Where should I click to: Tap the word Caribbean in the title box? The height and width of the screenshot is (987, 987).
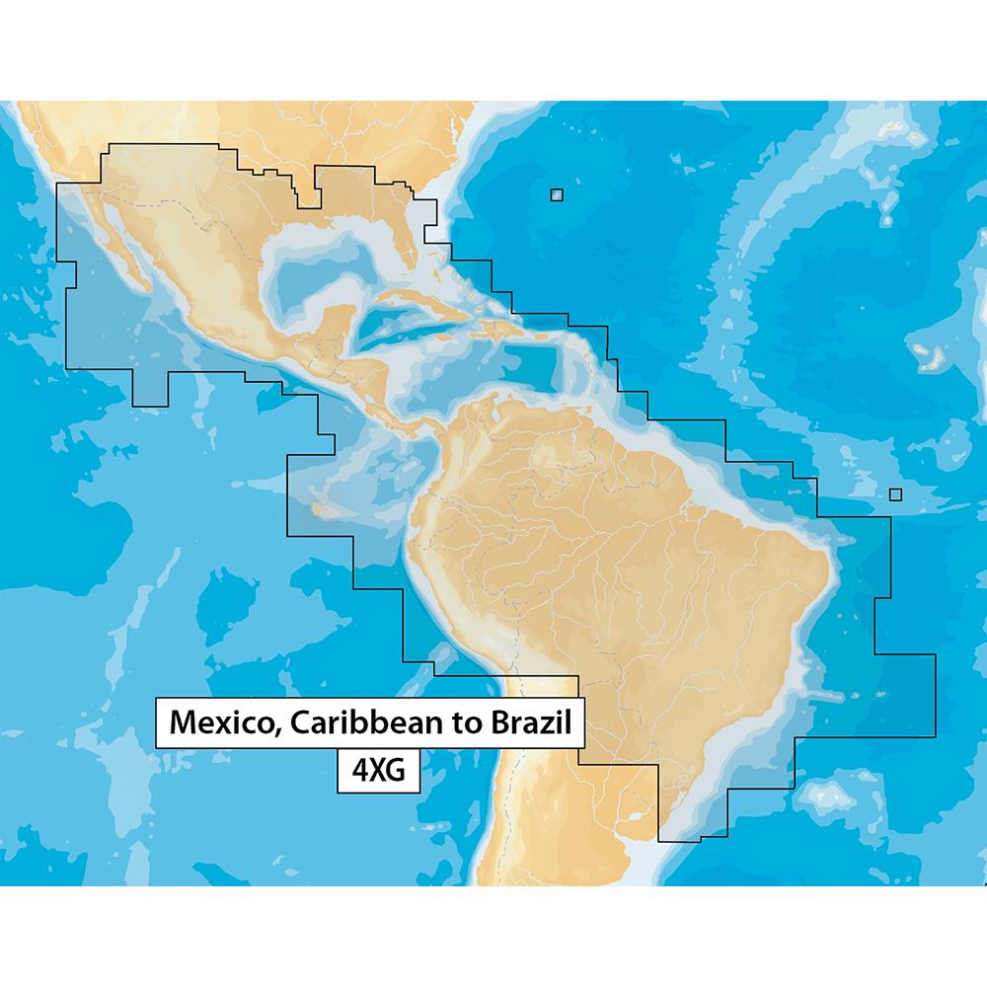368,721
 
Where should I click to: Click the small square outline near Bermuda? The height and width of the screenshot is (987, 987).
557,195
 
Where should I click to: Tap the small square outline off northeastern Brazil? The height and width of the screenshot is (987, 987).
895,494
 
